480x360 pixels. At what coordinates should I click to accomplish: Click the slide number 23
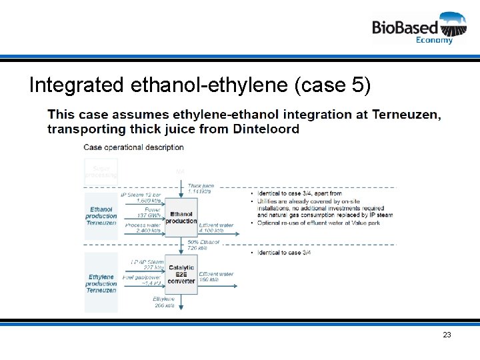click(x=447, y=335)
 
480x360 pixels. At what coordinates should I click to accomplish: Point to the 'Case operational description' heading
click(x=133, y=147)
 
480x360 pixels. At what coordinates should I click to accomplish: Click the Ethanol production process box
click(x=181, y=217)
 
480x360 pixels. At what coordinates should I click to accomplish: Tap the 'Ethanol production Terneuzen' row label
click(x=101, y=216)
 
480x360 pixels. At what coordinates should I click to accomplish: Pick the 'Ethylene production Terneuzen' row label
click(x=101, y=283)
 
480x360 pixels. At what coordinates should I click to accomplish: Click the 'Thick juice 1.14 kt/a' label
click(x=199, y=189)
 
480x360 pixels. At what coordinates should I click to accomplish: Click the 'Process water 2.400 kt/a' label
click(x=143, y=228)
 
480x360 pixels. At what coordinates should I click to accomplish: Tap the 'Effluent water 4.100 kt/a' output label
click(x=216, y=228)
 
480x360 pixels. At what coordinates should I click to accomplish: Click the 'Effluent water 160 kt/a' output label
click(x=215, y=277)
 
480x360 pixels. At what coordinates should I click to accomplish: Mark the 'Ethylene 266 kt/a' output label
click(x=164, y=303)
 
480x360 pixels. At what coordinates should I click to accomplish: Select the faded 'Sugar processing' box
click(x=101, y=172)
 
